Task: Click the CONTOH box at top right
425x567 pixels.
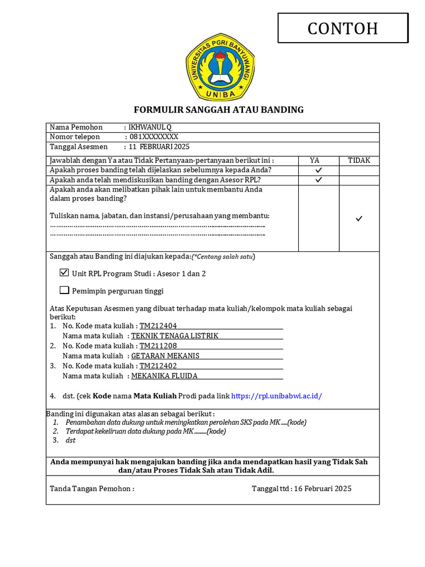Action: pos(343,28)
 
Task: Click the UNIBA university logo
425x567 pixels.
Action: pos(220,66)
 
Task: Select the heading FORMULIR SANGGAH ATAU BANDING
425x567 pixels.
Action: pos(219,110)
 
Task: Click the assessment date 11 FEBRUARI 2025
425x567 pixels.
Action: pos(159,147)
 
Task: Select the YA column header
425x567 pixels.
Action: pos(315,161)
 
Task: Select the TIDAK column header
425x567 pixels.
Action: pos(359,161)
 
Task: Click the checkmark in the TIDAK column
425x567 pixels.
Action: pos(359,219)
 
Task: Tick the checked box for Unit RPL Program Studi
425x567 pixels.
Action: pos(64,273)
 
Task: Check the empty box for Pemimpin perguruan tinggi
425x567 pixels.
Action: pos(64,290)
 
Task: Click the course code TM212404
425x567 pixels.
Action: pos(158,326)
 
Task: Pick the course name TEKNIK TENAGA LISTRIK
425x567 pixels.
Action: pos(175,336)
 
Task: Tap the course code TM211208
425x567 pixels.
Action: pos(158,346)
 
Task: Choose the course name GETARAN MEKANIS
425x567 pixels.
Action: pos(165,356)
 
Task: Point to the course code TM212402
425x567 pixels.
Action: pos(158,366)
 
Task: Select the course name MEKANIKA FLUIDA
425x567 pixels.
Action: pos(164,376)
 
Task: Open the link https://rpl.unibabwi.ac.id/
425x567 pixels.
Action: pos(276,396)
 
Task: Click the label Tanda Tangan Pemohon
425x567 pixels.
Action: pos(92,488)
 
